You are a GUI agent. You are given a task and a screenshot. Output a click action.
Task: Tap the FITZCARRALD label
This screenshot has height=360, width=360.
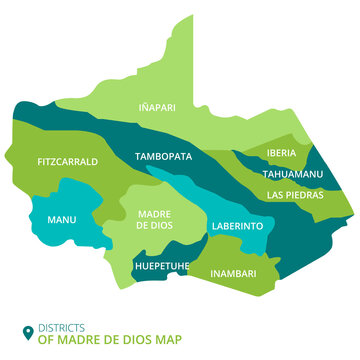point(67,160)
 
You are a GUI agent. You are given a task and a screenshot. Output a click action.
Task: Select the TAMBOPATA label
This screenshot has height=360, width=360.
point(163,156)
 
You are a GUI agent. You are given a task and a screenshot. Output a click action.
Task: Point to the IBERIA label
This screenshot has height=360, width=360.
point(281,153)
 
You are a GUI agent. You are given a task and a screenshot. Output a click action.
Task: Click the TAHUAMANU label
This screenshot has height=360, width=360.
point(290,173)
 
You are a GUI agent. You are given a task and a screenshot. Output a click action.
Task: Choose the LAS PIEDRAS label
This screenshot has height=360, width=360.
point(295,194)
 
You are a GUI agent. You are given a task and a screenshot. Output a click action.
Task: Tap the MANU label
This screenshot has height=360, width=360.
point(62,220)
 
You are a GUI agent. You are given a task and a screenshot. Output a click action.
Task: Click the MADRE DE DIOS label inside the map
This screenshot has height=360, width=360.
point(153,220)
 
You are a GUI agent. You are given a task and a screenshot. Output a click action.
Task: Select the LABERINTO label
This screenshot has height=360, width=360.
point(237,226)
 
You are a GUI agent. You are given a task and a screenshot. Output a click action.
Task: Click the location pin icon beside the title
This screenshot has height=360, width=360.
point(27,333)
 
